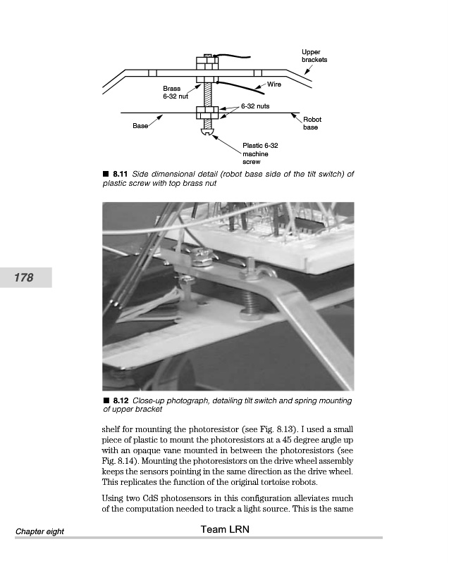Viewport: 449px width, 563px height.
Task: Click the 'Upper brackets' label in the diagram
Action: (x=314, y=56)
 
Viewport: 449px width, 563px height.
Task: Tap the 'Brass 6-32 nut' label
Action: (x=172, y=92)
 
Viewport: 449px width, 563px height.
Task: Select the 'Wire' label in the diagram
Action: (x=274, y=84)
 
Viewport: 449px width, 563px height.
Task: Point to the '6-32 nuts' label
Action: (x=254, y=106)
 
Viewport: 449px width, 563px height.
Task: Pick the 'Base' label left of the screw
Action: (x=140, y=126)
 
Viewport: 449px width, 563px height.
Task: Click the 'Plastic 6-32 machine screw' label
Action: (x=260, y=153)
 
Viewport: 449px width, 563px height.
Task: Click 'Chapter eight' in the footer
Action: (x=40, y=531)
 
